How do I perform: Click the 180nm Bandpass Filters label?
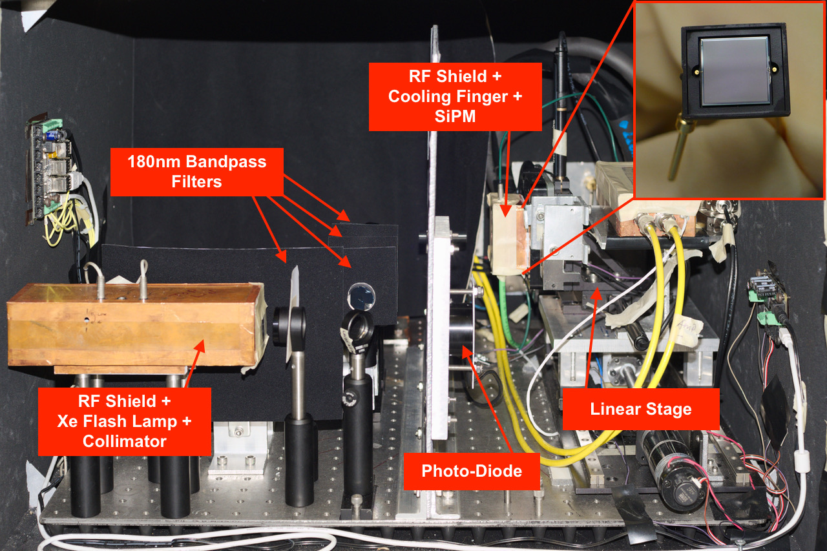[197, 172]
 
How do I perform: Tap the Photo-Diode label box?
[472, 472]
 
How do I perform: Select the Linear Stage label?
[641, 409]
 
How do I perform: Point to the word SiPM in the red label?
[455, 116]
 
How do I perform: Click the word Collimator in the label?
[125, 441]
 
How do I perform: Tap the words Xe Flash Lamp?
[117, 421]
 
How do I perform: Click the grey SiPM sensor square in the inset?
[735, 71]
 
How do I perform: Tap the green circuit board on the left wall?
[47, 171]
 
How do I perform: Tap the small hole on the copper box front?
[87, 320]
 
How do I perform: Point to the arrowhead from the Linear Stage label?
[597, 294]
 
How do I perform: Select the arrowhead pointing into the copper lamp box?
[200, 346]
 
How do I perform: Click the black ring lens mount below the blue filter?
[357, 325]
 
